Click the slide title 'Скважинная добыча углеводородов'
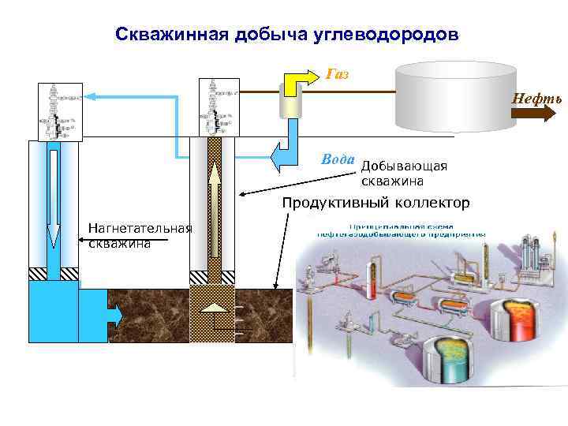[x=286, y=35]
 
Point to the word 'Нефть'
[x=536, y=99]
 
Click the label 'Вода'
[x=338, y=159]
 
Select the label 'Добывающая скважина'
[x=403, y=173]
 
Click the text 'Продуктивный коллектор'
[x=376, y=203]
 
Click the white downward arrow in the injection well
[x=54, y=197]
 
